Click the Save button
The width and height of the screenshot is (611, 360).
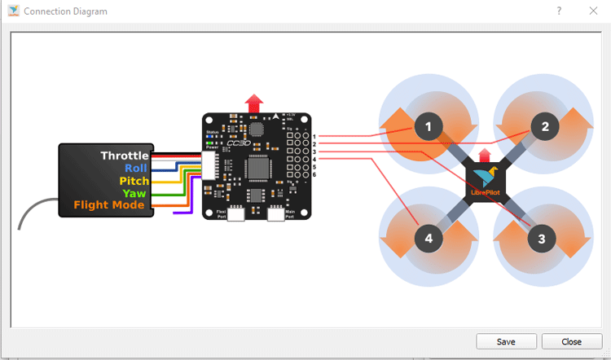[506, 341]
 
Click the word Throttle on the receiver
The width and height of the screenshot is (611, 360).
[125, 156]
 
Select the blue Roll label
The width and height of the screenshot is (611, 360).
[136, 168]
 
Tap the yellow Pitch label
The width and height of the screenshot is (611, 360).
[134, 181]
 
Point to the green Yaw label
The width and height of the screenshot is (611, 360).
[134, 193]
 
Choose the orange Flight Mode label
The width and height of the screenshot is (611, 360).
[109, 205]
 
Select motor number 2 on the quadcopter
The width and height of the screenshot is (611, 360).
[545, 125]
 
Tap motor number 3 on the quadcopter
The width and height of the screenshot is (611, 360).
[542, 239]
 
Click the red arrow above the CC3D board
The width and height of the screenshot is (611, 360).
[254, 103]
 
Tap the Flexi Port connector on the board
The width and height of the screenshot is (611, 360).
[238, 214]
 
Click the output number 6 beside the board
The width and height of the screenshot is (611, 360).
[314, 175]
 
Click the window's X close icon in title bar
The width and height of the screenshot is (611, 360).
[593, 11]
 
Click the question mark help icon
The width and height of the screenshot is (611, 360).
[560, 11]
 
